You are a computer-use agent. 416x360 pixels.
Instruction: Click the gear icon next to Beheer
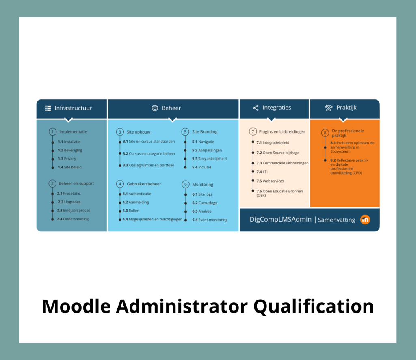155,108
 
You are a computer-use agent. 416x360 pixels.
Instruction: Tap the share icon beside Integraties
256,108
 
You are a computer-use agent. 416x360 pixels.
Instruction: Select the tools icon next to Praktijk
329,108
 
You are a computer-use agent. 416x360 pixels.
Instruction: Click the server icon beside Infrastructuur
48,108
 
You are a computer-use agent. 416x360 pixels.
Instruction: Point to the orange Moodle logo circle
365,220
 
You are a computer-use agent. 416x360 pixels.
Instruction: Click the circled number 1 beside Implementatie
52,132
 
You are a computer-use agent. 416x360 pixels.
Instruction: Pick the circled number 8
325,133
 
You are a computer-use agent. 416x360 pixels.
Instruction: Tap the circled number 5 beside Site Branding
185,132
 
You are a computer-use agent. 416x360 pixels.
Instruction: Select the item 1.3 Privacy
67,159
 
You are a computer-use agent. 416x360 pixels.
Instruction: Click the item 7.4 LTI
262,172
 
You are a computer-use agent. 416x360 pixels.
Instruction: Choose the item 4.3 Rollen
131,211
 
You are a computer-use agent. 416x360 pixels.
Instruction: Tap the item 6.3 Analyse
201,211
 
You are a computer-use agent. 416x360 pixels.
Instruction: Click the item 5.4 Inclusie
201,167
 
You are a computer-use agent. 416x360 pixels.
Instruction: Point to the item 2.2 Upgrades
69,202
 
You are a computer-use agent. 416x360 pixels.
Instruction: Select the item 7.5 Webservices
270,181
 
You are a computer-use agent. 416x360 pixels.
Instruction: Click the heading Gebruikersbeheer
144,184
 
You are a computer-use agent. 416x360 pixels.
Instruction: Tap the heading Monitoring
203,185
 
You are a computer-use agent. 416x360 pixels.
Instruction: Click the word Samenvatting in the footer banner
336,220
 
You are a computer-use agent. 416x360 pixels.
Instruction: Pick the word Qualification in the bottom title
314,306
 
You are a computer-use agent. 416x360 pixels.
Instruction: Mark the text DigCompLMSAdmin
280,220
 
